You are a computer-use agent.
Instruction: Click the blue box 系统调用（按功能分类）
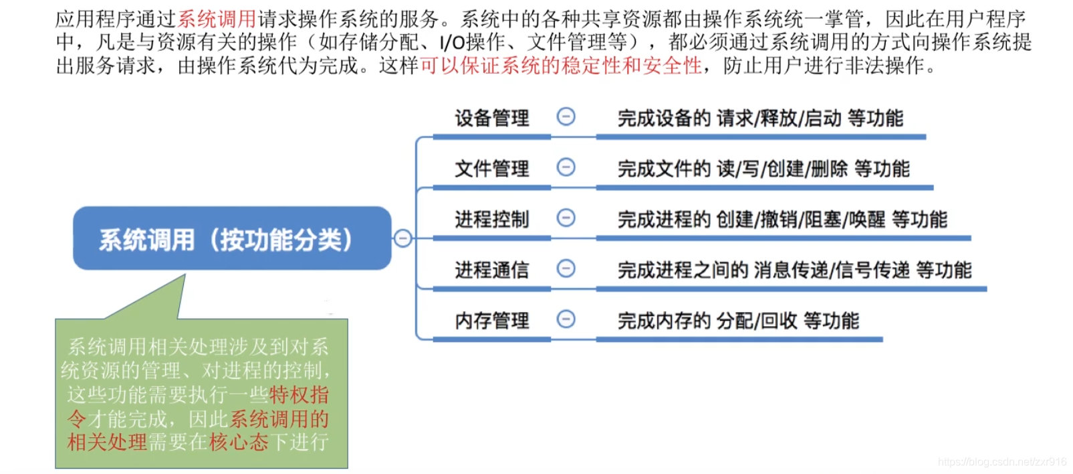(231, 239)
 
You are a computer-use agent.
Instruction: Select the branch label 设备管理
(492, 118)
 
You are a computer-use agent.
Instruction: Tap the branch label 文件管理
(492, 169)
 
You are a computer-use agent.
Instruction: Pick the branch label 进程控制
(492, 220)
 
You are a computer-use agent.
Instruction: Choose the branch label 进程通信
(492, 270)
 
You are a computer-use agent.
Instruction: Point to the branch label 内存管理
(492, 321)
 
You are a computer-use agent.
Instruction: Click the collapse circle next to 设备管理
(566, 117)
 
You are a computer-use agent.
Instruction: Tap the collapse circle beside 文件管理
(566, 167)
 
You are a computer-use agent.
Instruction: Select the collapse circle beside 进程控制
(566, 218)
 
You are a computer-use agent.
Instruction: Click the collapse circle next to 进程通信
(566, 268)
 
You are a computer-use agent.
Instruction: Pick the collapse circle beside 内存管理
(566, 319)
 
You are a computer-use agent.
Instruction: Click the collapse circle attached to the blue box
(402, 238)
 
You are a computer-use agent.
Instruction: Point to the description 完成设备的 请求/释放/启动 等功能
(760, 118)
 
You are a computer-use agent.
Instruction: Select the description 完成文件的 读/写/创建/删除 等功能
(763, 169)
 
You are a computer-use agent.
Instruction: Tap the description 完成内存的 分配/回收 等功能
(738, 321)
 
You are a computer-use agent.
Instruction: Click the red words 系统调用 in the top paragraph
(217, 19)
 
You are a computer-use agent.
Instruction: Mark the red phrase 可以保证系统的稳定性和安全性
(561, 66)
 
